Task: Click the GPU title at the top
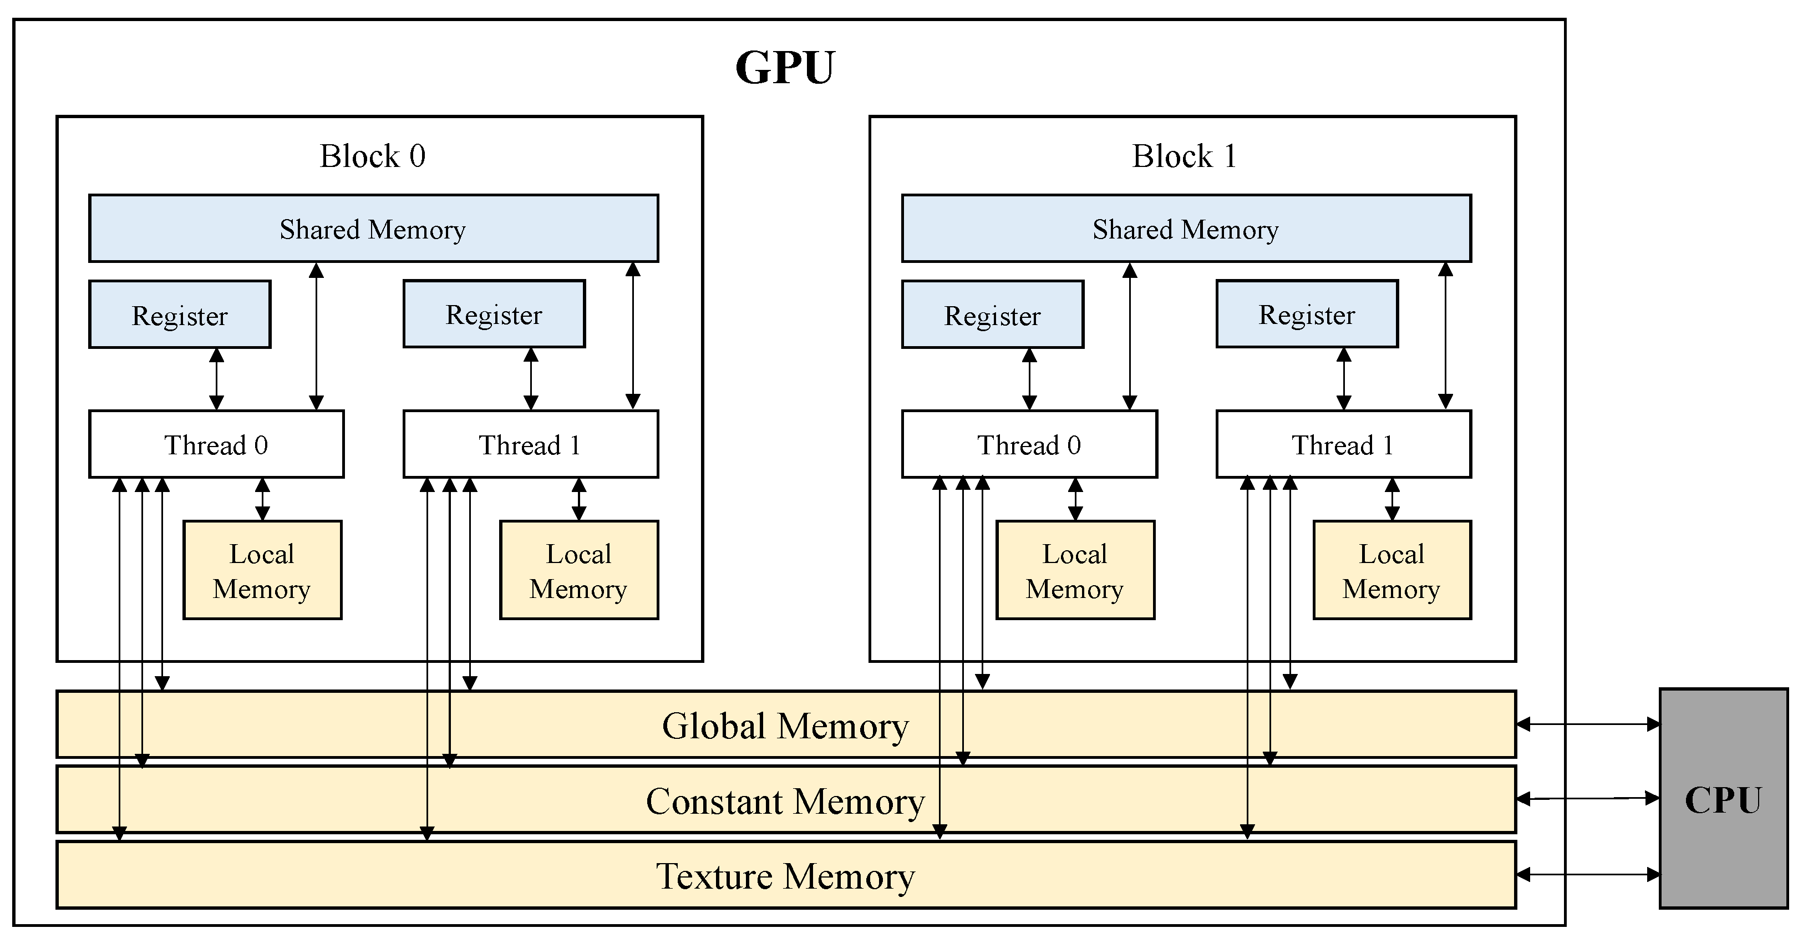click(785, 68)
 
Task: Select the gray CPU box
click(1723, 799)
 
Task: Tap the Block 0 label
click(372, 156)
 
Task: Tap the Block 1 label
click(1184, 156)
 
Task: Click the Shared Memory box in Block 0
click(373, 229)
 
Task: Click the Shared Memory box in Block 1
click(1186, 229)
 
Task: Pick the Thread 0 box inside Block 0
click(216, 444)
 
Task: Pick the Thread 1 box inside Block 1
click(1343, 444)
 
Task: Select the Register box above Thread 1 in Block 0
click(494, 315)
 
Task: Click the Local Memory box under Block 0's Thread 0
click(262, 570)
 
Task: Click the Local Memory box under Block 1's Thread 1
click(1391, 570)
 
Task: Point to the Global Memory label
click(785, 726)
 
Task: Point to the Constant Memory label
click(785, 801)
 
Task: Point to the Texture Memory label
click(785, 876)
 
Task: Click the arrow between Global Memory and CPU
click(1587, 724)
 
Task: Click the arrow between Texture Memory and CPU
click(1587, 874)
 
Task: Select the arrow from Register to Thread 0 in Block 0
click(216, 379)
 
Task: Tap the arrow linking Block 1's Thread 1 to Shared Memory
click(1445, 336)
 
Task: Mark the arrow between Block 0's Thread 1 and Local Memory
click(579, 499)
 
